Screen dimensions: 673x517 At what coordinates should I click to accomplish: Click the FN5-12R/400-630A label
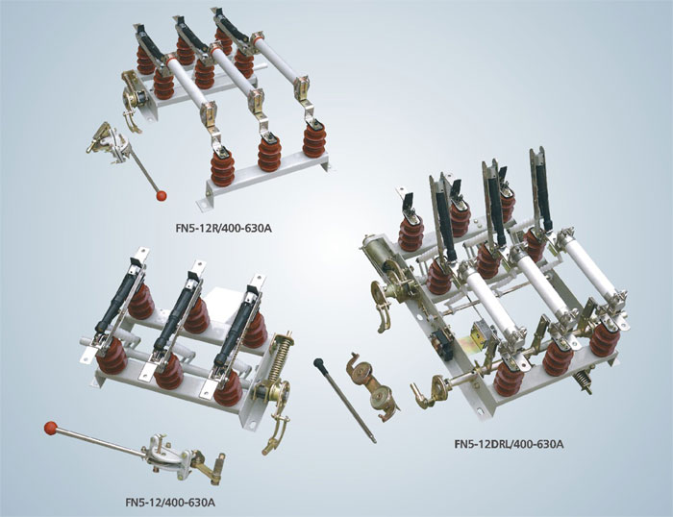(x=224, y=228)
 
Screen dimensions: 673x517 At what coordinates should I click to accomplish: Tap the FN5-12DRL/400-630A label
(x=509, y=444)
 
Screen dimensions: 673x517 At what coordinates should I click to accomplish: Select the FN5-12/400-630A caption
(x=170, y=502)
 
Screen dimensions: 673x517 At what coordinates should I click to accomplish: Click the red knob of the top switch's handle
(x=162, y=196)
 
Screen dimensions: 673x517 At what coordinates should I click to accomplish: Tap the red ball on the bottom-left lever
(x=50, y=428)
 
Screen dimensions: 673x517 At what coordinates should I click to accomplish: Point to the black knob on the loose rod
(x=318, y=362)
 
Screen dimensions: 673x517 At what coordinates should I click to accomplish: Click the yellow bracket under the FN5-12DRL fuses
(x=472, y=341)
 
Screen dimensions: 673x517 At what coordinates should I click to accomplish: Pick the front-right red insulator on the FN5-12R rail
(x=314, y=138)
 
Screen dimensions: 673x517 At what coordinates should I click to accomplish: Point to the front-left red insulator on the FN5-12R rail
(x=222, y=167)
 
